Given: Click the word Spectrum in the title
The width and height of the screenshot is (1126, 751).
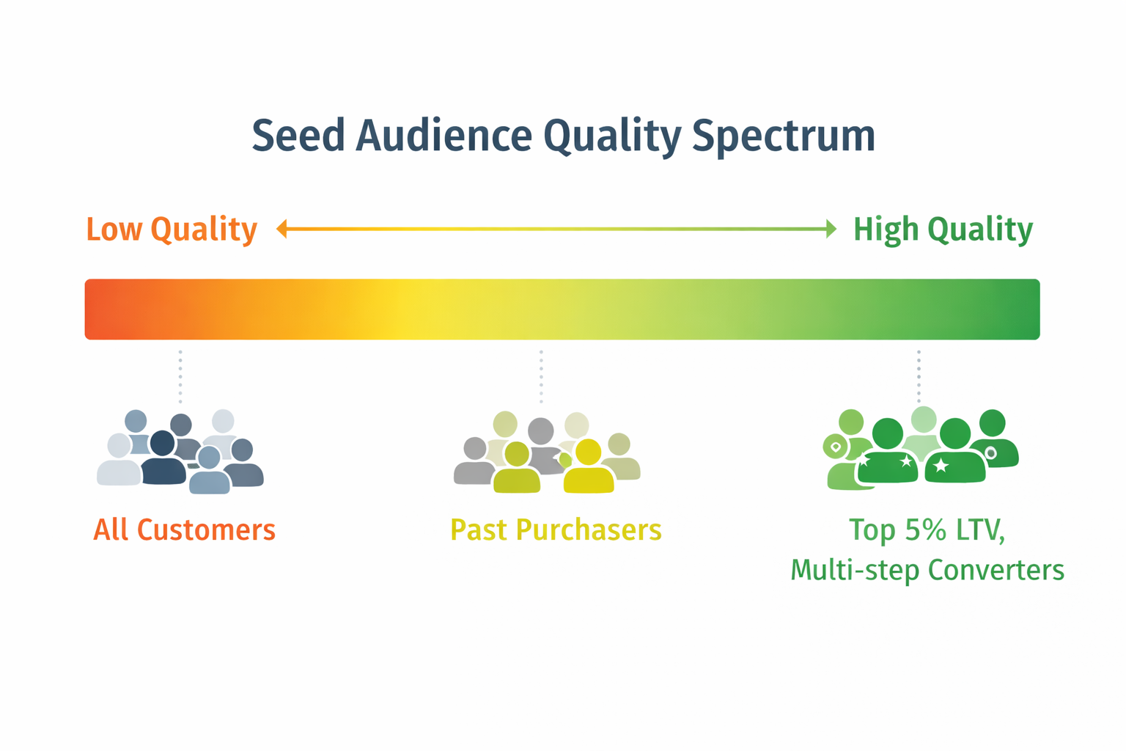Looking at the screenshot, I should point(784,136).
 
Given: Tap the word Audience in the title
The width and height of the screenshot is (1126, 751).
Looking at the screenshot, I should point(444,136).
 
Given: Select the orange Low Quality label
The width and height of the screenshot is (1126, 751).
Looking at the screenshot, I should point(172,230).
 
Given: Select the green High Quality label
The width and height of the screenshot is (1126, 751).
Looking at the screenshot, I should point(943,230).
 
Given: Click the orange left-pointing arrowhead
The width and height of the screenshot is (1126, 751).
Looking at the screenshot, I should point(281,229).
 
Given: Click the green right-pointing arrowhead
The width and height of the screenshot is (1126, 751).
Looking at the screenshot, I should point(831,229).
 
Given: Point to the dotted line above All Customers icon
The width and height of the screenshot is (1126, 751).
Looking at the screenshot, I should point(180,376).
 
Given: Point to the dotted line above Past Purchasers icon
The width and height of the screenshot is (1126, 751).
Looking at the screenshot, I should point(541,376).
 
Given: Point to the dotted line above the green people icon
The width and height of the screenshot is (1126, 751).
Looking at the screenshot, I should point(919,376).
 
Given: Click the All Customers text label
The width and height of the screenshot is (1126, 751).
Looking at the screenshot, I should point(184,530).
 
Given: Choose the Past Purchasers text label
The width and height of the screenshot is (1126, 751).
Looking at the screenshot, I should point(556,530).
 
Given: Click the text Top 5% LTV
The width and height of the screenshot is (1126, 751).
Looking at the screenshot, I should point(927,530).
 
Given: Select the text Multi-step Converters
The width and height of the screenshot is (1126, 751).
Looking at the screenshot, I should point(927,570).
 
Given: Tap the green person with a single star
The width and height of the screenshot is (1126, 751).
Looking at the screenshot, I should point(954,455).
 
